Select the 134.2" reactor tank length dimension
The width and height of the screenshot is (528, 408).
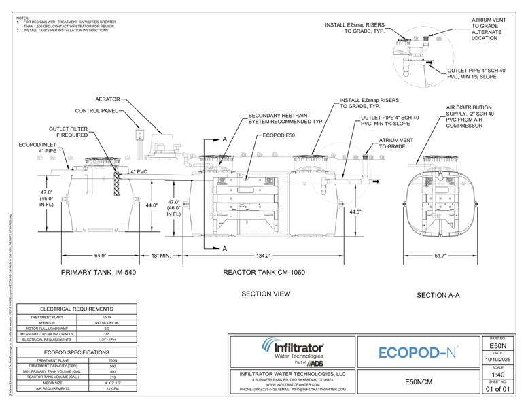(263, 256)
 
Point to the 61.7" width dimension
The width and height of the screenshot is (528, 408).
(444, 256)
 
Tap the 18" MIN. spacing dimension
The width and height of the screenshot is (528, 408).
(164, 256)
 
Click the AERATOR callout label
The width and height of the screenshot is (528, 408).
(108, 99)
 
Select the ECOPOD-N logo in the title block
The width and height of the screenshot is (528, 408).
(417, 352)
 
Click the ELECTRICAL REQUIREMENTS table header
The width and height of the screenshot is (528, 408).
(77, 309)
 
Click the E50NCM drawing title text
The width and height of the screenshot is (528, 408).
(417, 382)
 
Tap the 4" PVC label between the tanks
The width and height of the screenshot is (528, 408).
(139, 172)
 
